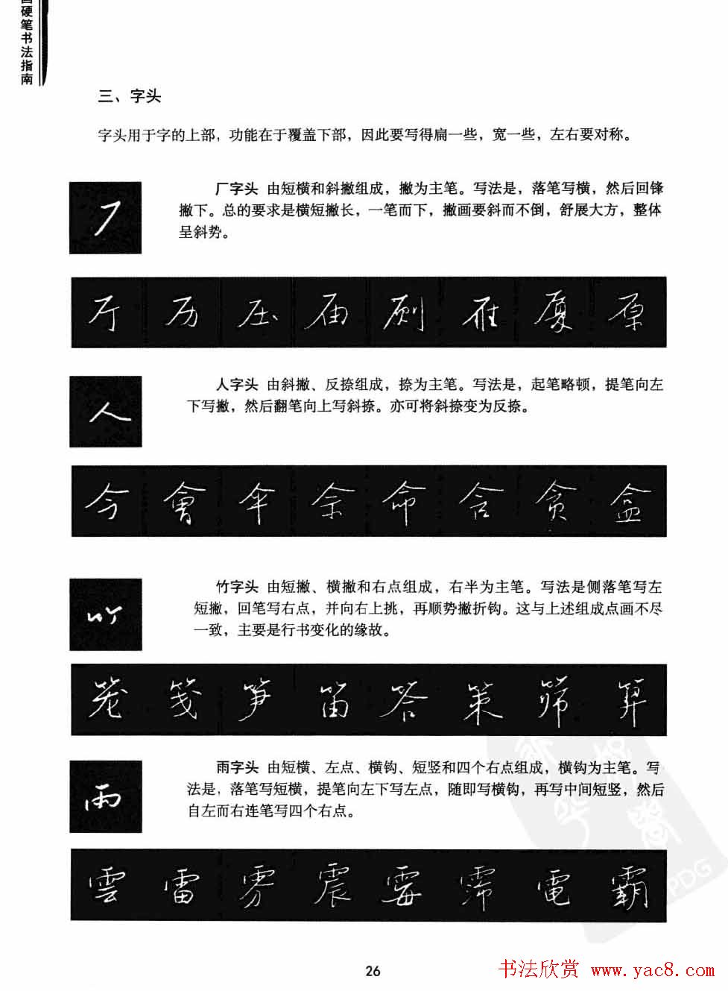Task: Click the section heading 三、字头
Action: [130, 96]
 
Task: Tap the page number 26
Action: [373, 970]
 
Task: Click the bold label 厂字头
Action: [236, 189]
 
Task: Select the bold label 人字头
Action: [236, 386]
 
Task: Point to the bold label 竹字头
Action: [236, 587]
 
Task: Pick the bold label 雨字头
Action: [236, 767]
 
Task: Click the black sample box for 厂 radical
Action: [105, 218]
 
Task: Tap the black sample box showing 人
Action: [105, 411]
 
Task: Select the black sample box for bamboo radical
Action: [105, 614]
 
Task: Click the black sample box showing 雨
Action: [105, 796]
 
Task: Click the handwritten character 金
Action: [630, 502]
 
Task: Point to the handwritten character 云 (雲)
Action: [107, 885]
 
